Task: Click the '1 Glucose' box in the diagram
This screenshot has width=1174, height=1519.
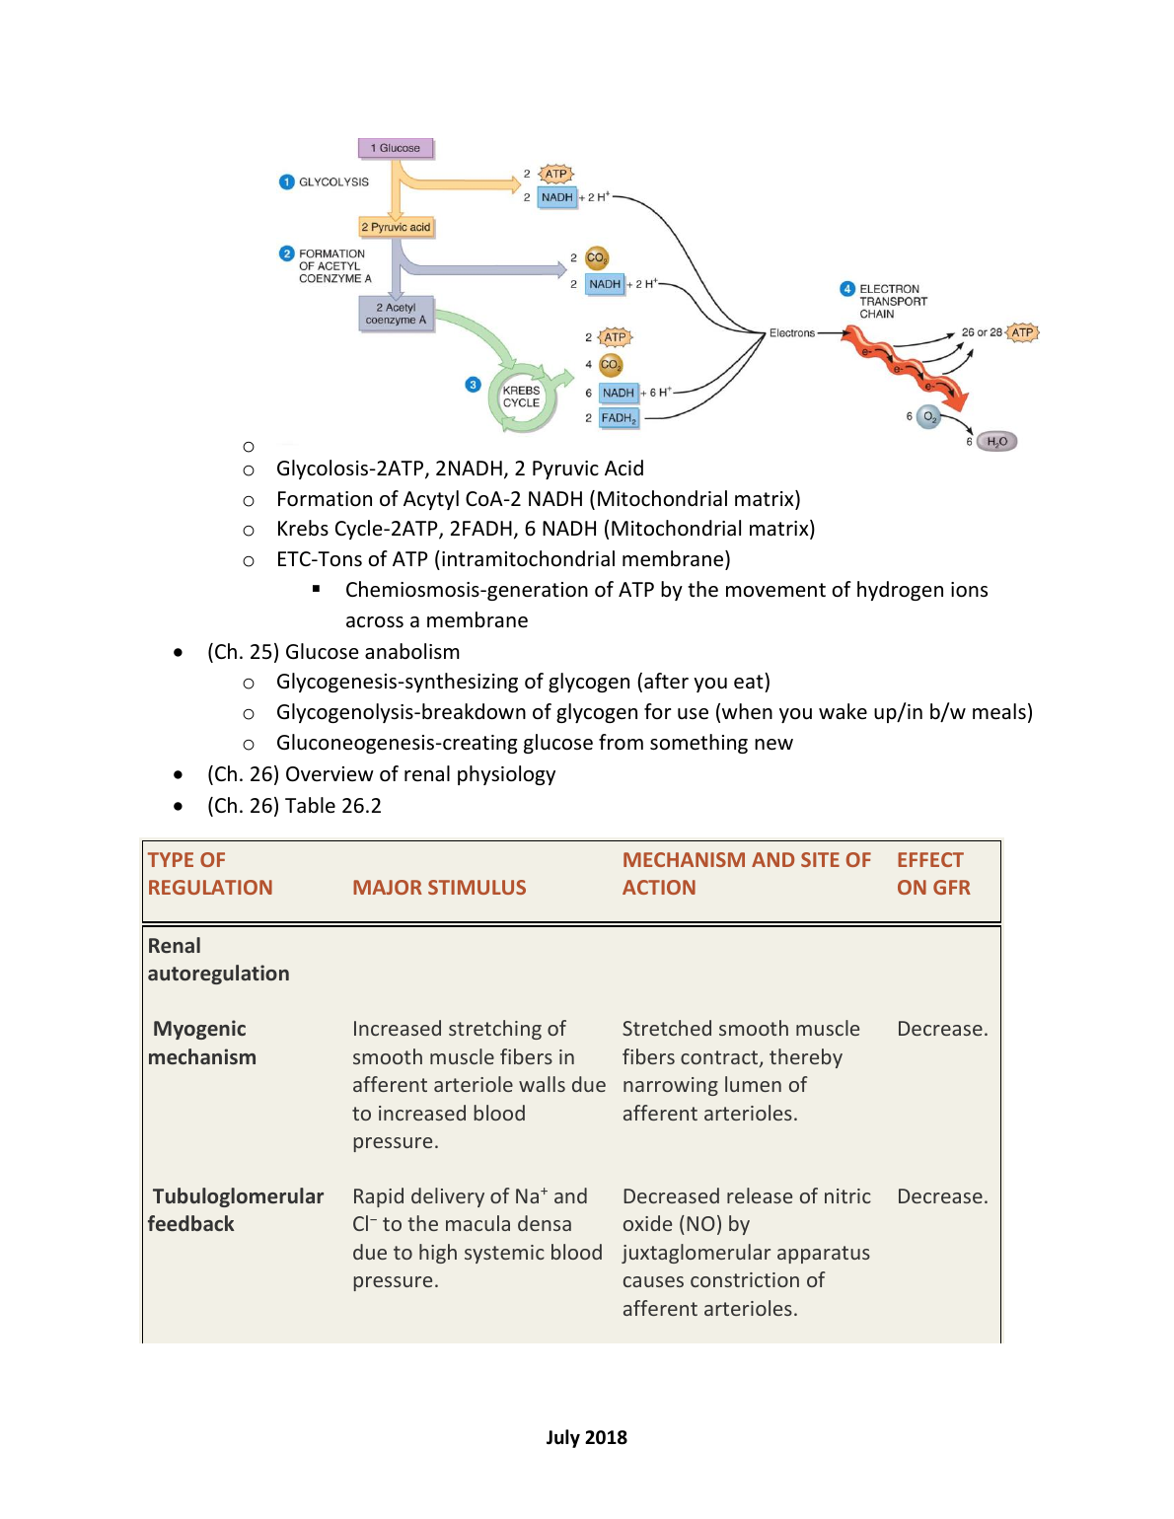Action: point(396,148)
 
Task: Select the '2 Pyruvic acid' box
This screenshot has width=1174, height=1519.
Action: point(396,227)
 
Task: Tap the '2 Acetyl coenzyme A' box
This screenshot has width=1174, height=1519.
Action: point(396,314)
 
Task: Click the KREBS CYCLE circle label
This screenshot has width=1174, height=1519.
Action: point(521,397)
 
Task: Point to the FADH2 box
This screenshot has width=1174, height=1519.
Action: point(620,418)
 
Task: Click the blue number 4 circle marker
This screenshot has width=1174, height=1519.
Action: point(846,289)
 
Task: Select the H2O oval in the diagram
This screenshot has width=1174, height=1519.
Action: point(996,442)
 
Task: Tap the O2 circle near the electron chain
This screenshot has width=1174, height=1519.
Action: point(928,417)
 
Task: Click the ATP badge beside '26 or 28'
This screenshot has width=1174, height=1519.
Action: point(1022,332)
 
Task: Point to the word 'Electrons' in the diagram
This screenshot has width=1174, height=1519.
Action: point(792,333)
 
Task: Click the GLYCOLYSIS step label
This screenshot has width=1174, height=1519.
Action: point(333,182)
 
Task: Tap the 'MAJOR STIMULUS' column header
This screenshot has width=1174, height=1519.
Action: point(439,888)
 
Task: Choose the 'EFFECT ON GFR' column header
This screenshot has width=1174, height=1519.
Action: point(932,874)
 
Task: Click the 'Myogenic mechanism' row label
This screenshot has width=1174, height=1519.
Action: point(201,1043)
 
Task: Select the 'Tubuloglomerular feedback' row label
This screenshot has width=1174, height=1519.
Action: point(237,1210)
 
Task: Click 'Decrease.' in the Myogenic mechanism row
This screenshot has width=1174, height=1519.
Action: point(941,1029)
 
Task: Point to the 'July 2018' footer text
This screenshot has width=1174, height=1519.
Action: point(587,1437)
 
